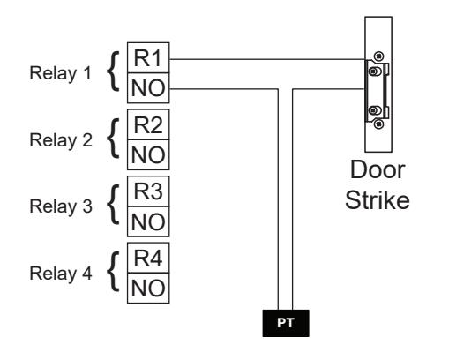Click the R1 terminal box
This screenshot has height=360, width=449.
(148, 57)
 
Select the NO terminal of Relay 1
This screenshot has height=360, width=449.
(148, 88)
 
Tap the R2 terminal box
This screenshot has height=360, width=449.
(148, 124)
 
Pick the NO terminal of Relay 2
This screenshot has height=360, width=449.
(148, 154)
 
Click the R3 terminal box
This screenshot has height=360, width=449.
(148, 191)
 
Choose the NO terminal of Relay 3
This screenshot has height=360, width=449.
(148, 221)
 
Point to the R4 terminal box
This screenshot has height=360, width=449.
(148, 258)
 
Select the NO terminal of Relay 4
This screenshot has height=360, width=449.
(148, 288)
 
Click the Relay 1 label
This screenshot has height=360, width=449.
(61, 73)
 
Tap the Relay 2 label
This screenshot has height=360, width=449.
(61, 140)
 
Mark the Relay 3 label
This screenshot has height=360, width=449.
(61, 206)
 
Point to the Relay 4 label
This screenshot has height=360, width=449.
(61, 274)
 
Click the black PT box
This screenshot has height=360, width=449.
(286, 323)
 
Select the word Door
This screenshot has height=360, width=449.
(378, 170)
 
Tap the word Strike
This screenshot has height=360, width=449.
(378, 200)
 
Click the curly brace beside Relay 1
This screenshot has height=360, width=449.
(113, 71)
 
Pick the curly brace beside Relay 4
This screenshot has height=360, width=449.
(113, 272)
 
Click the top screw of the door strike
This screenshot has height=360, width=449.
(379, 56)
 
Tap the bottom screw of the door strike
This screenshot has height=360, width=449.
(378, 124)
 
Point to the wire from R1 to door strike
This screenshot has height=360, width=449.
(267, 59)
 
